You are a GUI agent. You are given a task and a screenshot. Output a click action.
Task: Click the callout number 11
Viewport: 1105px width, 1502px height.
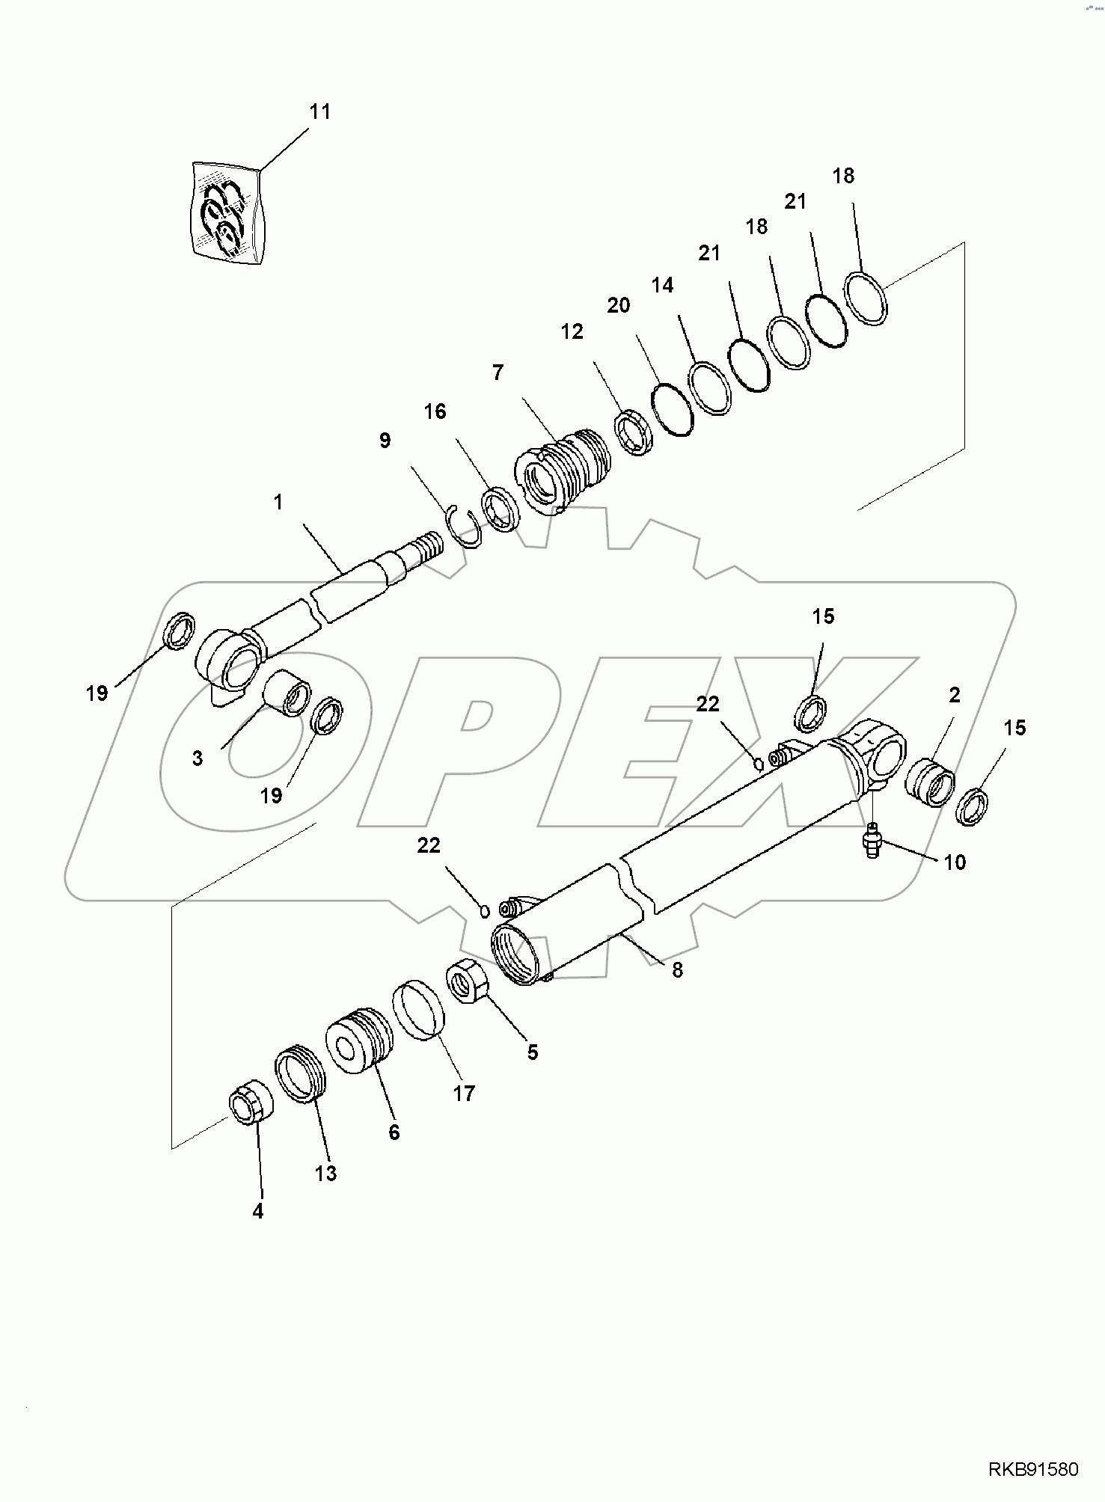click(320, 112)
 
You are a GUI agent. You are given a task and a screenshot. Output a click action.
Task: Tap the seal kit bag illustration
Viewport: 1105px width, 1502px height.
click(225, 213)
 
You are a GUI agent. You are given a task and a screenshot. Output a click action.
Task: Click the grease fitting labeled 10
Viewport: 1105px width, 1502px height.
click(872, 842)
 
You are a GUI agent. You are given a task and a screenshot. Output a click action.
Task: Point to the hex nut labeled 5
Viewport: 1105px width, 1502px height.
click(468, 980)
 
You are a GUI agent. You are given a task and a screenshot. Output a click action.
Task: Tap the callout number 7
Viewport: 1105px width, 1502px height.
click(498, 373)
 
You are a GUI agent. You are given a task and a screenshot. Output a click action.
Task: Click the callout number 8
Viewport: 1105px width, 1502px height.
click(677, 970)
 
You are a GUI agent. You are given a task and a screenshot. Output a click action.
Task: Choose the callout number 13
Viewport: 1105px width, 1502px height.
click(325, 1174)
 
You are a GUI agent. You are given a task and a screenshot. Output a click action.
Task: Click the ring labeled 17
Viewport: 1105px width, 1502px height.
click(420, 1010)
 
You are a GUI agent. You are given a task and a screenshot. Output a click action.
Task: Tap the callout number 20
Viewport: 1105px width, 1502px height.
click(619, 305)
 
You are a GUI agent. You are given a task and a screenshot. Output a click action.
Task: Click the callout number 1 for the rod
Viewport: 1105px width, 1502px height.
click(278, 502)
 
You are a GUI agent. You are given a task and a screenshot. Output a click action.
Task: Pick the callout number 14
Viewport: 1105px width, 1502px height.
click(662, 285)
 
